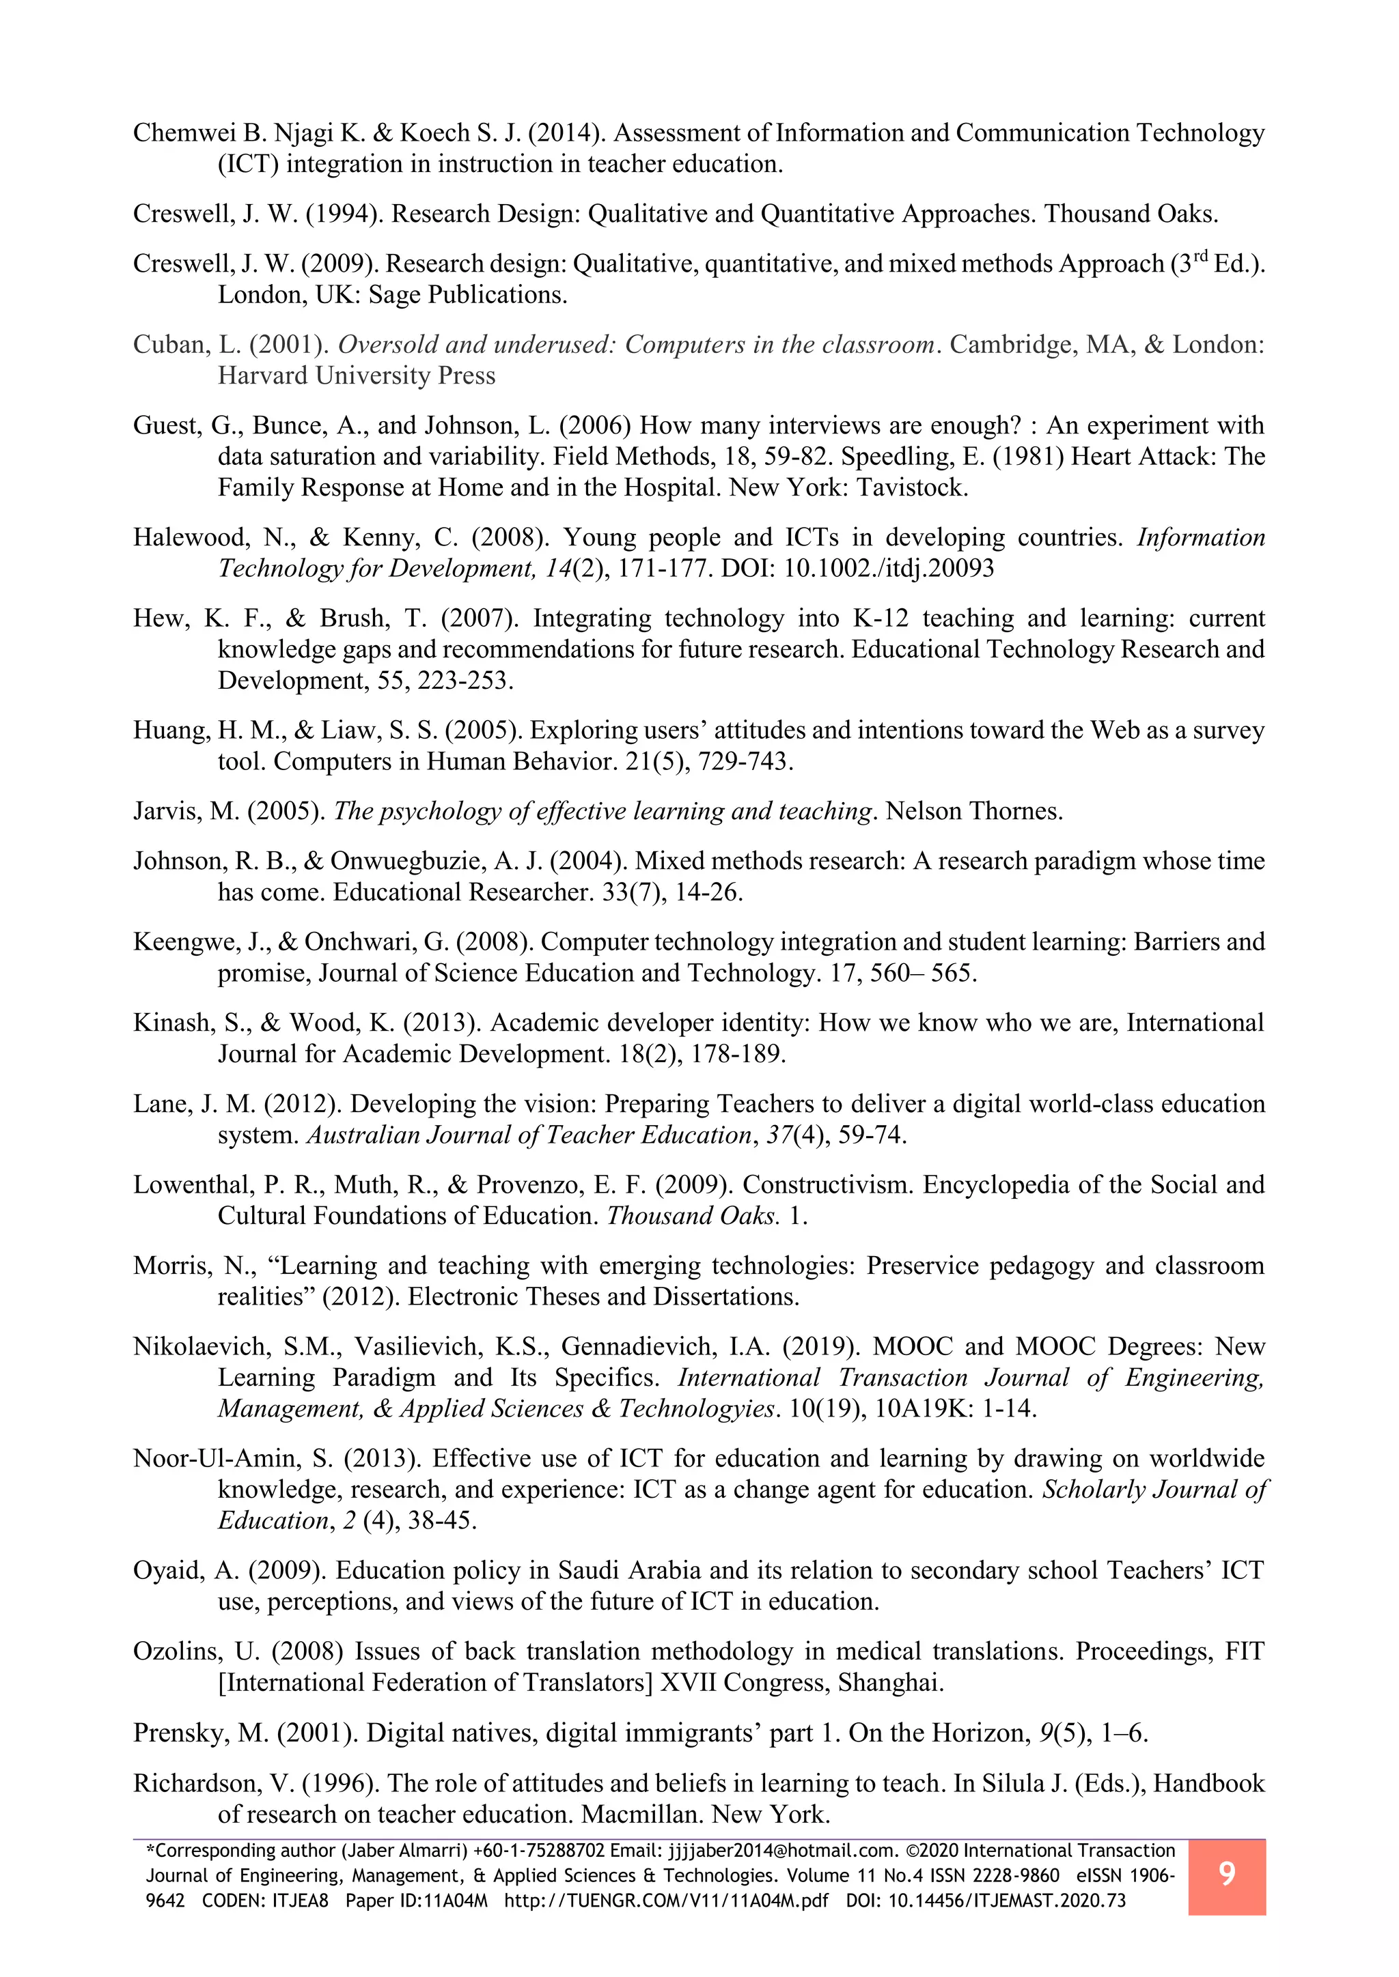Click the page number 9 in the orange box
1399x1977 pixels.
point(1227,1873)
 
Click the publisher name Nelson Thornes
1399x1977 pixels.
point(974,812)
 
